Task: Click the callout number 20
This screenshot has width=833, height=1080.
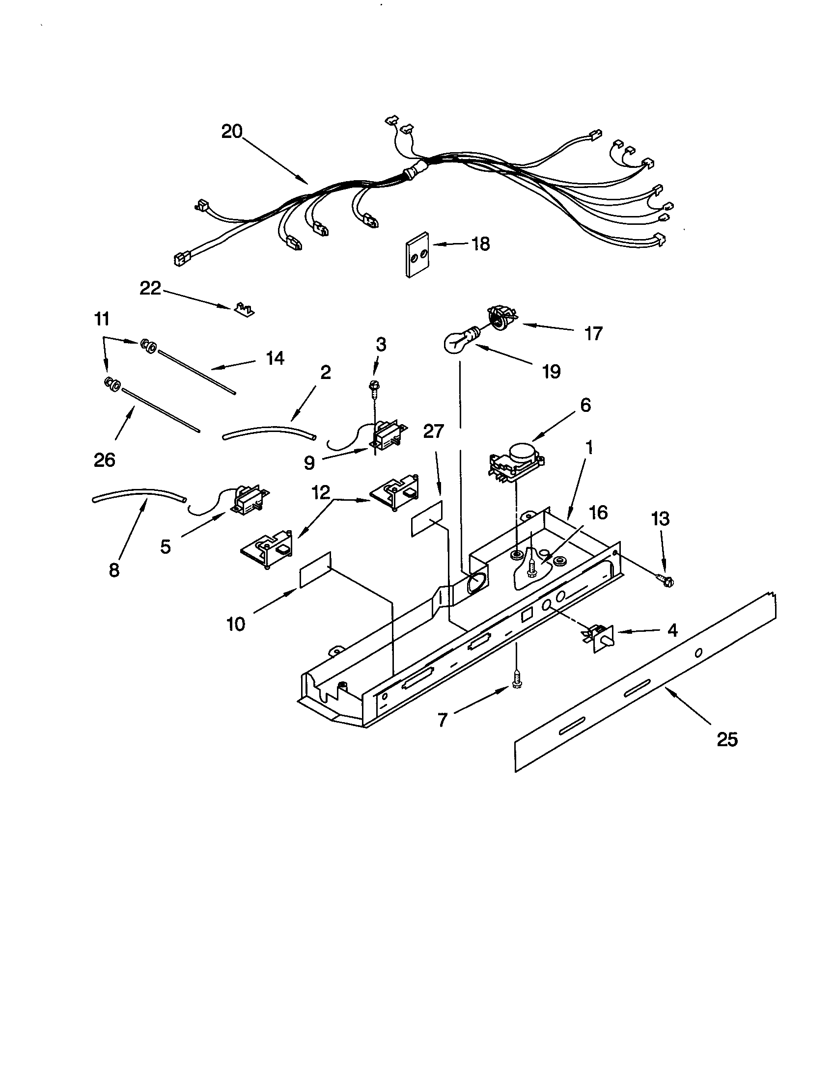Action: click(x=231, y=132)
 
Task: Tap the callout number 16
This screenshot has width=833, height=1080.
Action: click(x=598, y=513)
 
